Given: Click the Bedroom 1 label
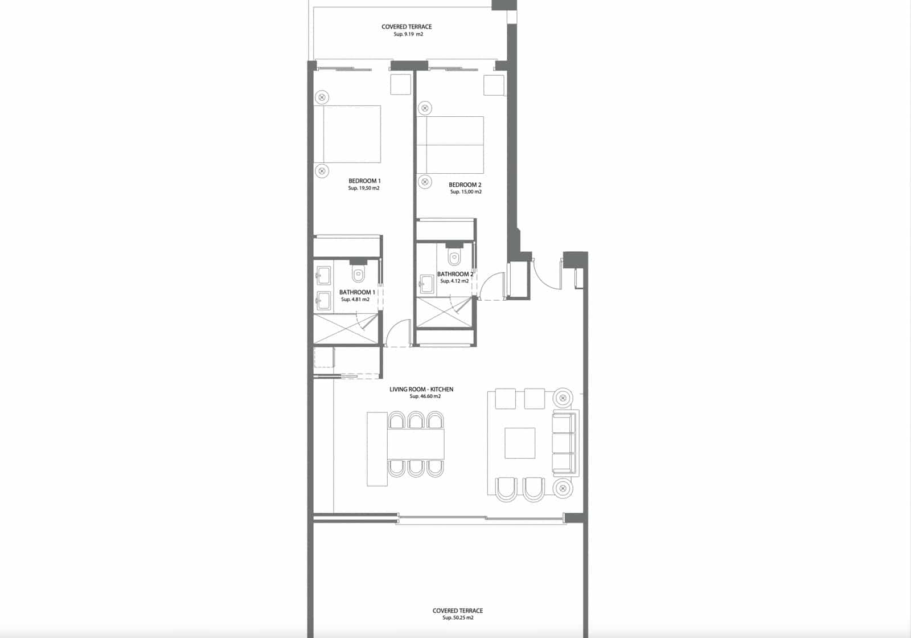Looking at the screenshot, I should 364,181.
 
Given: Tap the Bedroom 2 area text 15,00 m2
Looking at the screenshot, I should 466,192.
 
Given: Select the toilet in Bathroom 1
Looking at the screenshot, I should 358,274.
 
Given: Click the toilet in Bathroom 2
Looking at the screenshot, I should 454,257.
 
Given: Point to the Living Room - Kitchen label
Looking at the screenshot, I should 421,389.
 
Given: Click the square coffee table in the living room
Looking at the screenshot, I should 520,443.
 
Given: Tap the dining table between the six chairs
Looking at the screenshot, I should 416,444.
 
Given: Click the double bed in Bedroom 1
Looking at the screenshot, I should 347,134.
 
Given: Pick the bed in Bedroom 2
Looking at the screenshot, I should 450,145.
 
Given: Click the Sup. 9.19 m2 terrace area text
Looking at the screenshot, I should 408,34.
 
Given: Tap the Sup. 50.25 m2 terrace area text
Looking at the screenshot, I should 458,617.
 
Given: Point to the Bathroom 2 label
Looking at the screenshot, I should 455,274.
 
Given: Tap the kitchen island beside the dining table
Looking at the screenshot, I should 377,449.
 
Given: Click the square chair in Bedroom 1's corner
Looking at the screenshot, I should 400,84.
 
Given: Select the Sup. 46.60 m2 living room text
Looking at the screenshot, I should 425,396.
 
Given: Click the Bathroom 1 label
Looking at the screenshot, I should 357,292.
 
